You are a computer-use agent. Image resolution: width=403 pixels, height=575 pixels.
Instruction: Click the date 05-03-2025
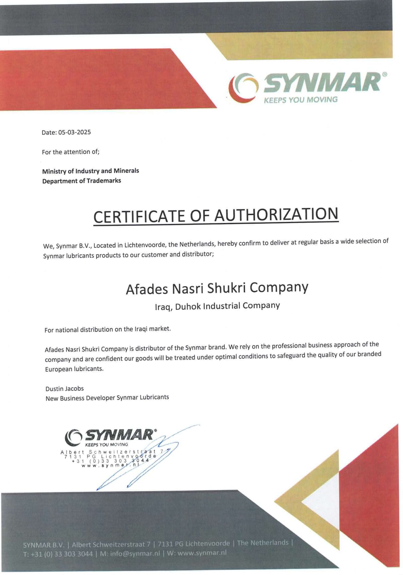point(74,132)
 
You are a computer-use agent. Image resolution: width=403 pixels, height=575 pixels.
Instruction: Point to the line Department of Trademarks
point(81,181)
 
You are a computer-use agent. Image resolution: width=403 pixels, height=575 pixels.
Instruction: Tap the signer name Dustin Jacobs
point(65,389)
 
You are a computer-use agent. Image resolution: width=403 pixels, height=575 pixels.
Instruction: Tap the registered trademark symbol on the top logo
point(385,74)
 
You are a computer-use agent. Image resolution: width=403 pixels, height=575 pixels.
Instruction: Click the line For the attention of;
point(71,152)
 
